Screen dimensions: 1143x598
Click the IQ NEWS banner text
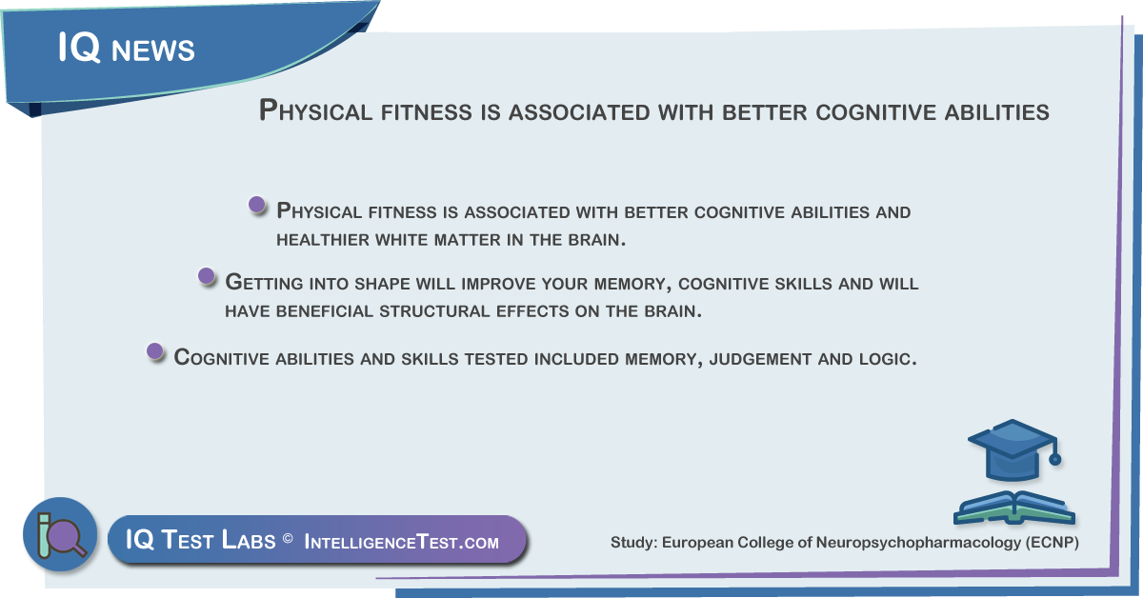pos(127,48)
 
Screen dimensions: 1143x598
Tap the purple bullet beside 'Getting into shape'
pos(206,276)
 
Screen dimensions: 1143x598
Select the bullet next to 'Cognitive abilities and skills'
pos(154,351)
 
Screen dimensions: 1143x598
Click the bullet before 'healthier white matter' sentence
pos(256,205)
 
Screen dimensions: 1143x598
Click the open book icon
pos(1014,508)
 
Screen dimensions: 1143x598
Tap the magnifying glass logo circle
pos(60,534)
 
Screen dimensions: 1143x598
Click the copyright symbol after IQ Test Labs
pos(288,538)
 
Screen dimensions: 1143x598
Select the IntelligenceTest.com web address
pos(402,542)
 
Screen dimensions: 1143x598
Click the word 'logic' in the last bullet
pos(888,359)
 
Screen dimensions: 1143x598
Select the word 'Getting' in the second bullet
pos(265,283)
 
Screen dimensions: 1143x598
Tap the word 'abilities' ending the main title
pos(996,111)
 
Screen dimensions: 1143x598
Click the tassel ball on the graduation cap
pos(1055,459)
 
